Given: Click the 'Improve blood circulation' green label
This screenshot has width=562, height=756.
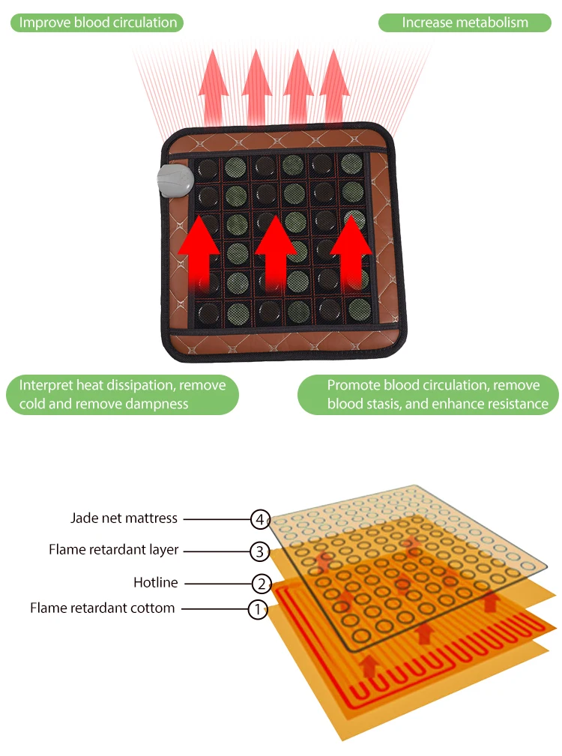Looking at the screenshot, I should coord(97,22).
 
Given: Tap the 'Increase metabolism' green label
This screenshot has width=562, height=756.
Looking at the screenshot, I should coord(465,22).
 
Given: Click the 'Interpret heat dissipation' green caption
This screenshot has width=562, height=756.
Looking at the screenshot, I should coord(122,394).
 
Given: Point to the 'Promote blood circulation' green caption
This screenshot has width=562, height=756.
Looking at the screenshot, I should coord(429,394).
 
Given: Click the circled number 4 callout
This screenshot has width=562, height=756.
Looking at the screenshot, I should coord(260,518).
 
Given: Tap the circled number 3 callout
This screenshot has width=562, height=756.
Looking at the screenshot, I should coord(259,551).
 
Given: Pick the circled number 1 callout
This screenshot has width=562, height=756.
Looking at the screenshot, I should coord(257,609).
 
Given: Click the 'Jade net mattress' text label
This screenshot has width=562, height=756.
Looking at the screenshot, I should coord(124,518).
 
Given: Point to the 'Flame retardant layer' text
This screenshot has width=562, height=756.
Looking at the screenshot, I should coord(114,550).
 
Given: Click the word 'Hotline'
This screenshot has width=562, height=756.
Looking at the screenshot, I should coord(155,582).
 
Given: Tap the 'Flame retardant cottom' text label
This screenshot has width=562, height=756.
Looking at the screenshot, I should coord(103,608).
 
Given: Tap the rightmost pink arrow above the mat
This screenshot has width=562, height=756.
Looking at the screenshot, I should coord(335,82).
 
